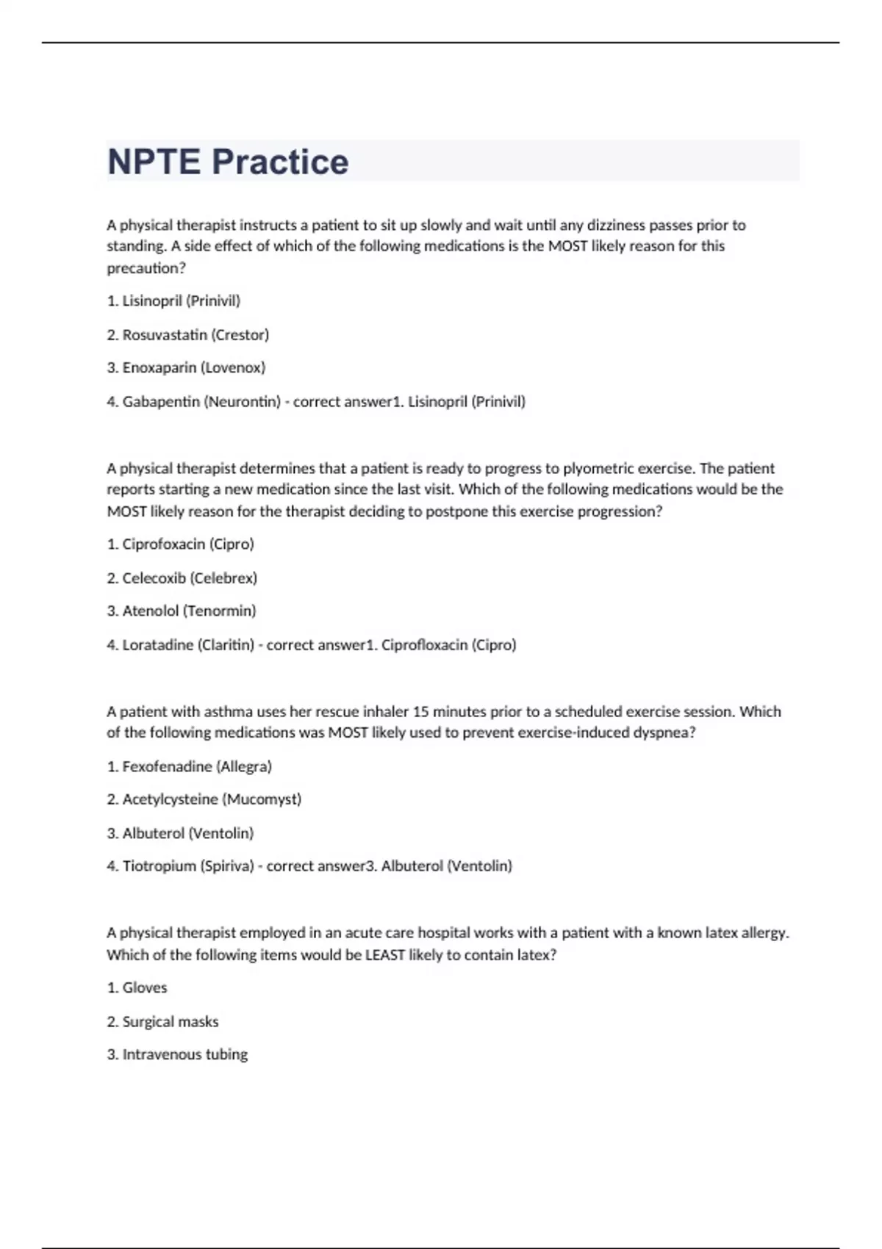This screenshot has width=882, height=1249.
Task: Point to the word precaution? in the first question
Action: (x=146, y=268)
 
